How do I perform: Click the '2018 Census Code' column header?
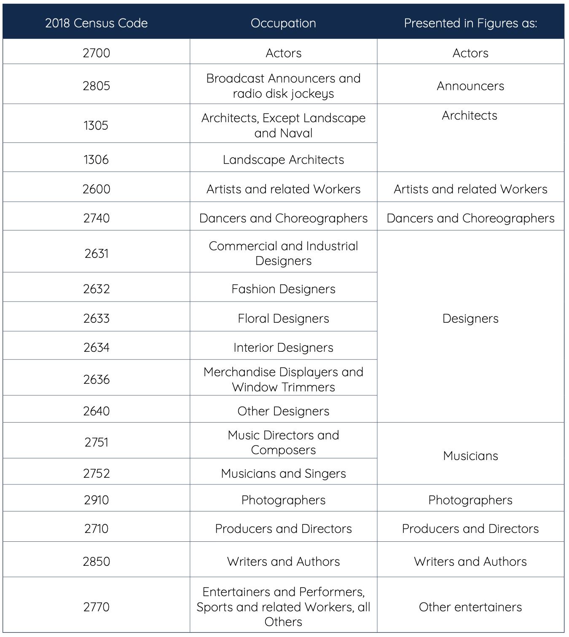click(96, 23)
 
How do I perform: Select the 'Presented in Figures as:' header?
click(470, 23)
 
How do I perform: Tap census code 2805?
click(96, 86)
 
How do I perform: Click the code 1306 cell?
click(96, 160)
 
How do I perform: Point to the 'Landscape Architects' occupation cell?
click(283, 160)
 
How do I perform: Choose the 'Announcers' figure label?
click(470, 86)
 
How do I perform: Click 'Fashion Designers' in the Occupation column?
click(283, 289)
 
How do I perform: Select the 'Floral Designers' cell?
click(283, 318)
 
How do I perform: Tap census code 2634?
click(96, 348)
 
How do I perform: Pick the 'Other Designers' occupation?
click(283, 411)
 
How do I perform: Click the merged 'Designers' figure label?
click(470, 318)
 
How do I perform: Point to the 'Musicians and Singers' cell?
click(283, 474)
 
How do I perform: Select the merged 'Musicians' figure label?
click(470, 456)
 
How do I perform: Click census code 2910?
click(96, 500)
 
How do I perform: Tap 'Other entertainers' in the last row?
click(470, 607)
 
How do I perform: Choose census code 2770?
click(96, 607)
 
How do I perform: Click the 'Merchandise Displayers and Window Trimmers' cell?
click(283, 380)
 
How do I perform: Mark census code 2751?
click(96, 442)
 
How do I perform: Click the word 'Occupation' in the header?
click(283, 23)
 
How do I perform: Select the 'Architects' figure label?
click(470, 115)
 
